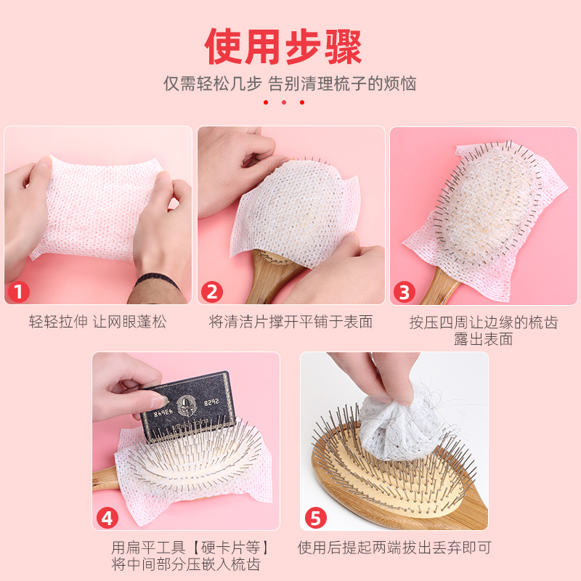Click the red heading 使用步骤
(x=283, y=46)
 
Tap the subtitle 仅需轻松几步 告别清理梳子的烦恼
(x=290, y=84)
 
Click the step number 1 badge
(x=19, y=292)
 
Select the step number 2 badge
(x=212, y=292)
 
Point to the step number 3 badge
(x=405, y=293)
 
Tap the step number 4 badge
(x=107, y=518)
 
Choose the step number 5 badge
(x=316, y=518)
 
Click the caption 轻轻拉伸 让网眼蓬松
(x=98, y=322)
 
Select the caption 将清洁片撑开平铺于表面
(x=291, y=322)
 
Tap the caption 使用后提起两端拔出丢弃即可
(x=394, y=548)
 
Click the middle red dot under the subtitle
(x=284, y=102)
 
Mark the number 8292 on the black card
(x=211, y=402)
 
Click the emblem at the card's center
(x=186, y=405)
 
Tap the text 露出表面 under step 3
(x=484, y=339)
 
